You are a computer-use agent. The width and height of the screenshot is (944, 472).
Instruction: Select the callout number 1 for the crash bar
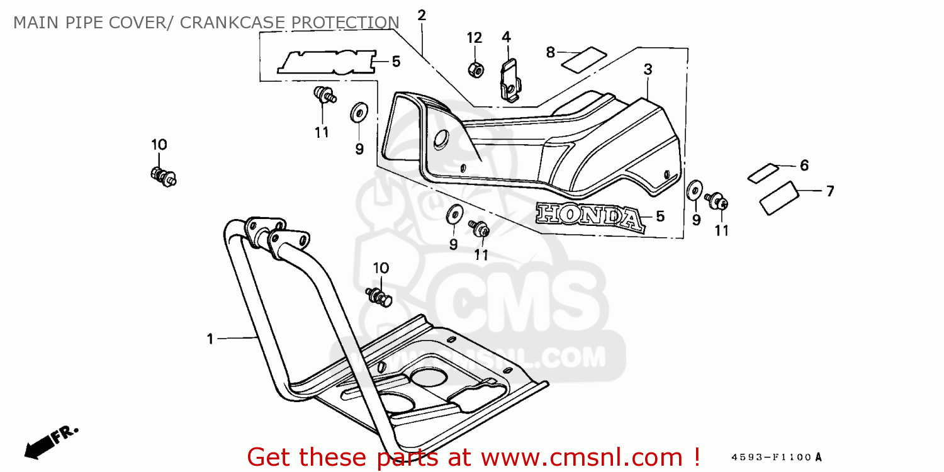[x=210, y=339]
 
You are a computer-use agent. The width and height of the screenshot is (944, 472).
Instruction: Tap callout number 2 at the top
[x=422, y=15]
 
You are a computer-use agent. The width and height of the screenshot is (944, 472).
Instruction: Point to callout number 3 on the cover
[x=648, y=69]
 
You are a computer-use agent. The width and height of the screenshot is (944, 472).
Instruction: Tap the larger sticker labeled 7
[x=778, y=197]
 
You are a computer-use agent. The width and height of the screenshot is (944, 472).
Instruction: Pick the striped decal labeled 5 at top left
[x=327, y=62]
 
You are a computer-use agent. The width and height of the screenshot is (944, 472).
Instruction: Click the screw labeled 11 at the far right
[x=717, y=201]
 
